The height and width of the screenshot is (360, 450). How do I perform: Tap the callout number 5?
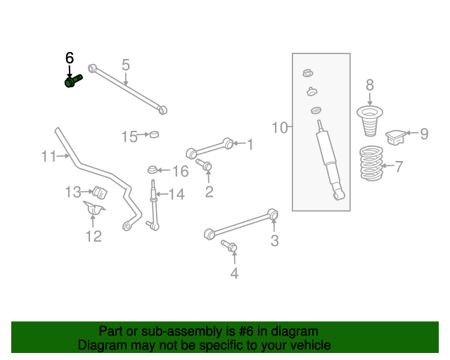point(125,65)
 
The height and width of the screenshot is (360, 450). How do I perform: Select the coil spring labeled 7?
point(372,165)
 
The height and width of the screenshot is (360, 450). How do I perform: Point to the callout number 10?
point(280,127)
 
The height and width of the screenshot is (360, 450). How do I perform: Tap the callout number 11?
point(48,156)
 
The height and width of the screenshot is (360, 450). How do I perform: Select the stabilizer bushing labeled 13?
point(98,191)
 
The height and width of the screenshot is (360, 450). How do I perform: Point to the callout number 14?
point(176,194)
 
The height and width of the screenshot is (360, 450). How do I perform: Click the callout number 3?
point(274,241)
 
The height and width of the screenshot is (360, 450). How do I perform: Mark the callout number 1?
point(249,144)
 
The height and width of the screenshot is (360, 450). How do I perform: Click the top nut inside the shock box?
point(307,73)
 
